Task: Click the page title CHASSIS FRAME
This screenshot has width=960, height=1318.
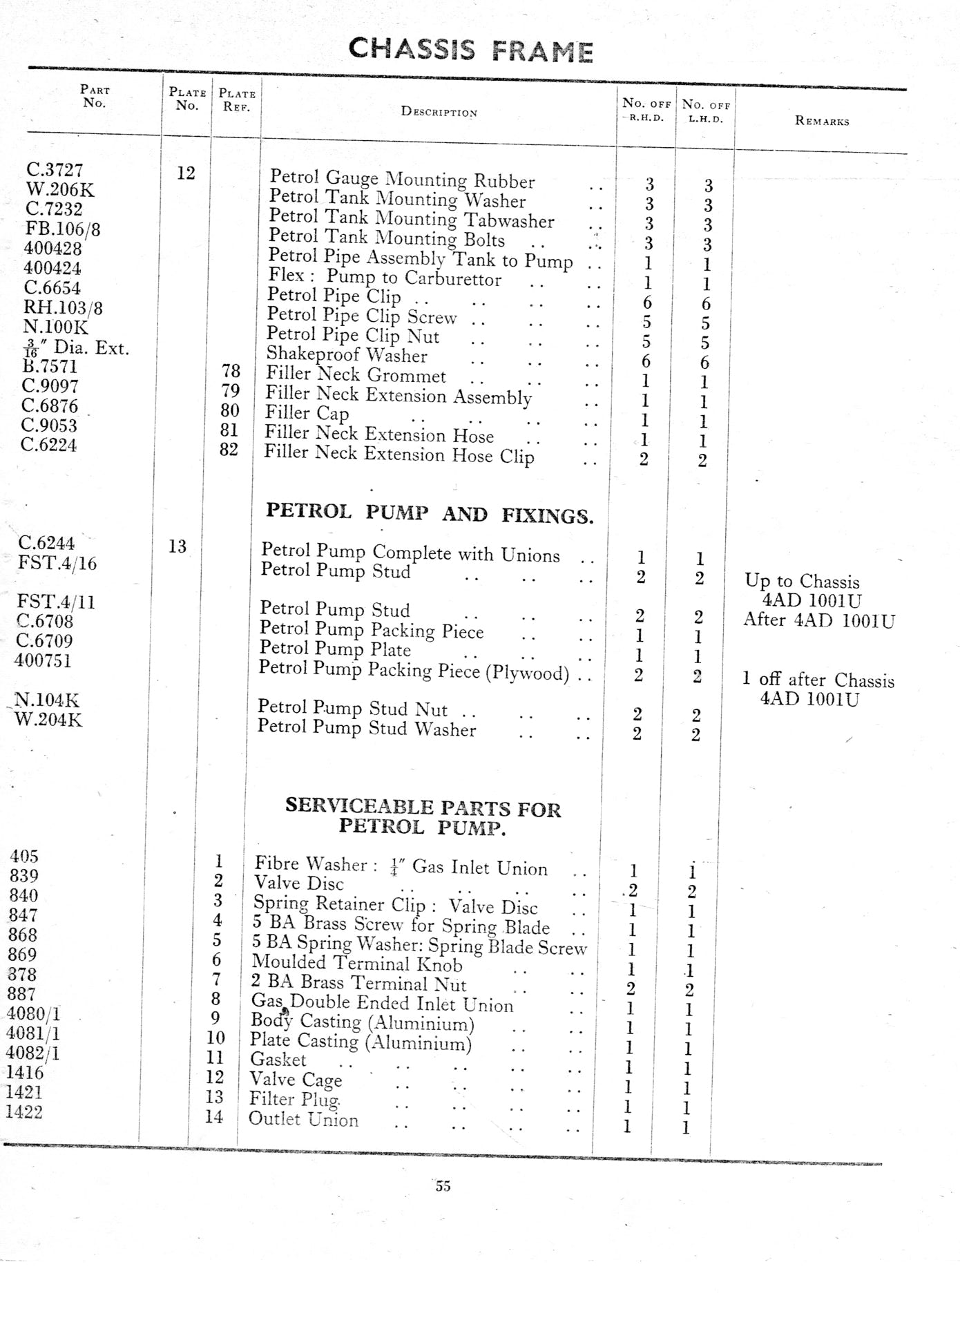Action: pyautogui.click(x=470, y=50)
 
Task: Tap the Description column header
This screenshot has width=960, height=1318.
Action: pyautogui.click(x=439, y=112)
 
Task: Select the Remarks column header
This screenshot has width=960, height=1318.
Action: pyautogui.click(x=822, y=121)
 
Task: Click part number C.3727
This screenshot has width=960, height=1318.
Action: pyautogui.click(x=55, y=170)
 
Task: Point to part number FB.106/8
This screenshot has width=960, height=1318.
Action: pyautogui.click(x=62, y=229)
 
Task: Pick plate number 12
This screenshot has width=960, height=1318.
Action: pyautogui.click(x=186, y=173)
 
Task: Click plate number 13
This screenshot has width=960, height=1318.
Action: pyautogui.click(x=177, y=546)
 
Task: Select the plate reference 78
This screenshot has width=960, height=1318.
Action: pyautogui.click(x=231, y=372)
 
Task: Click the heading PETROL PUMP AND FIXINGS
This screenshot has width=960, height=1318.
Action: pyautogui.click(x=430, y=513)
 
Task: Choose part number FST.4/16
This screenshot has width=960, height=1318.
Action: pyautogui.click(x=57, y=563)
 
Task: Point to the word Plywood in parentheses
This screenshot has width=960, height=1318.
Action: pyautogui.click(x=528, y=672)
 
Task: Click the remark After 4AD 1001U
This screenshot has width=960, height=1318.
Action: pyautogui.click(x=818, y=620)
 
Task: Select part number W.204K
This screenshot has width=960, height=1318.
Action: pyautogui.click(x=48, y=720)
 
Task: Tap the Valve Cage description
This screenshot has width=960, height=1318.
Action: pyautogui.click(x=296, y=1079)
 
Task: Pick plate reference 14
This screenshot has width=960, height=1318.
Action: pyautogui.click(x=214, y=1116)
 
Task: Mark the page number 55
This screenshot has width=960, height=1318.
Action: pyautogui.click(x=443, y=1186)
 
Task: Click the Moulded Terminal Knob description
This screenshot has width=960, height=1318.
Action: pyautogui.click(x=357, y=963)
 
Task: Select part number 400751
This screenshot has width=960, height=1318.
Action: pyautogui.click(x=43, y=660)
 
